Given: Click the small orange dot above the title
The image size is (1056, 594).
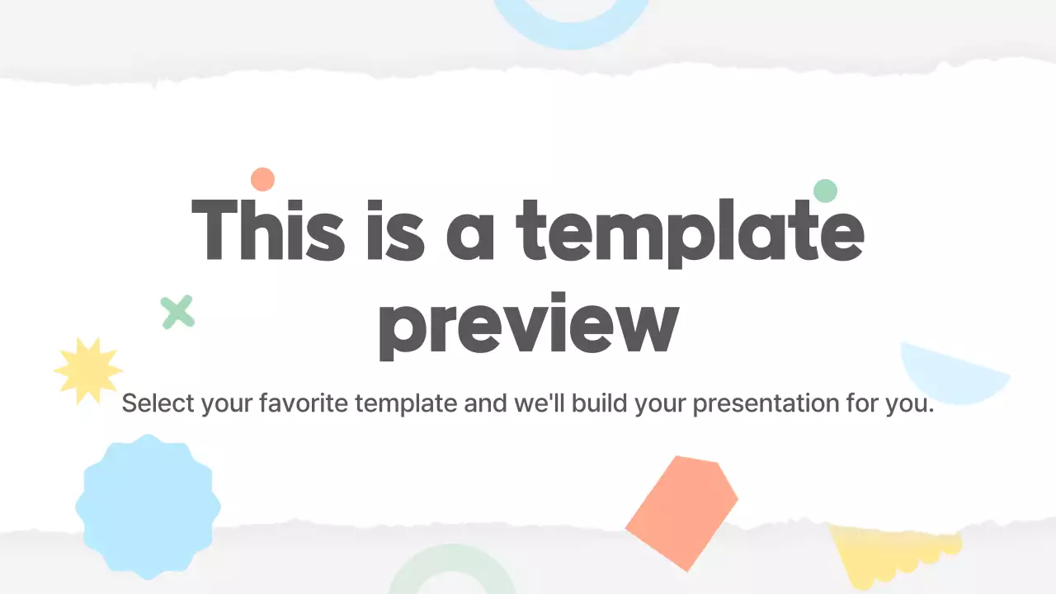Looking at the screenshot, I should click(x=262, y=179).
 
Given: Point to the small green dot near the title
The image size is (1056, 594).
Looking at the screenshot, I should click(x=825, y=191).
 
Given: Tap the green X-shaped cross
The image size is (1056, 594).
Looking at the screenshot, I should click(x=177, y=312).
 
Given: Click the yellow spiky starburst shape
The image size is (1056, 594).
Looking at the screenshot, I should click(x=87, y=370).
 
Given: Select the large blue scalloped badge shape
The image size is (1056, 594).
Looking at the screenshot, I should click(x=148, y=506).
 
